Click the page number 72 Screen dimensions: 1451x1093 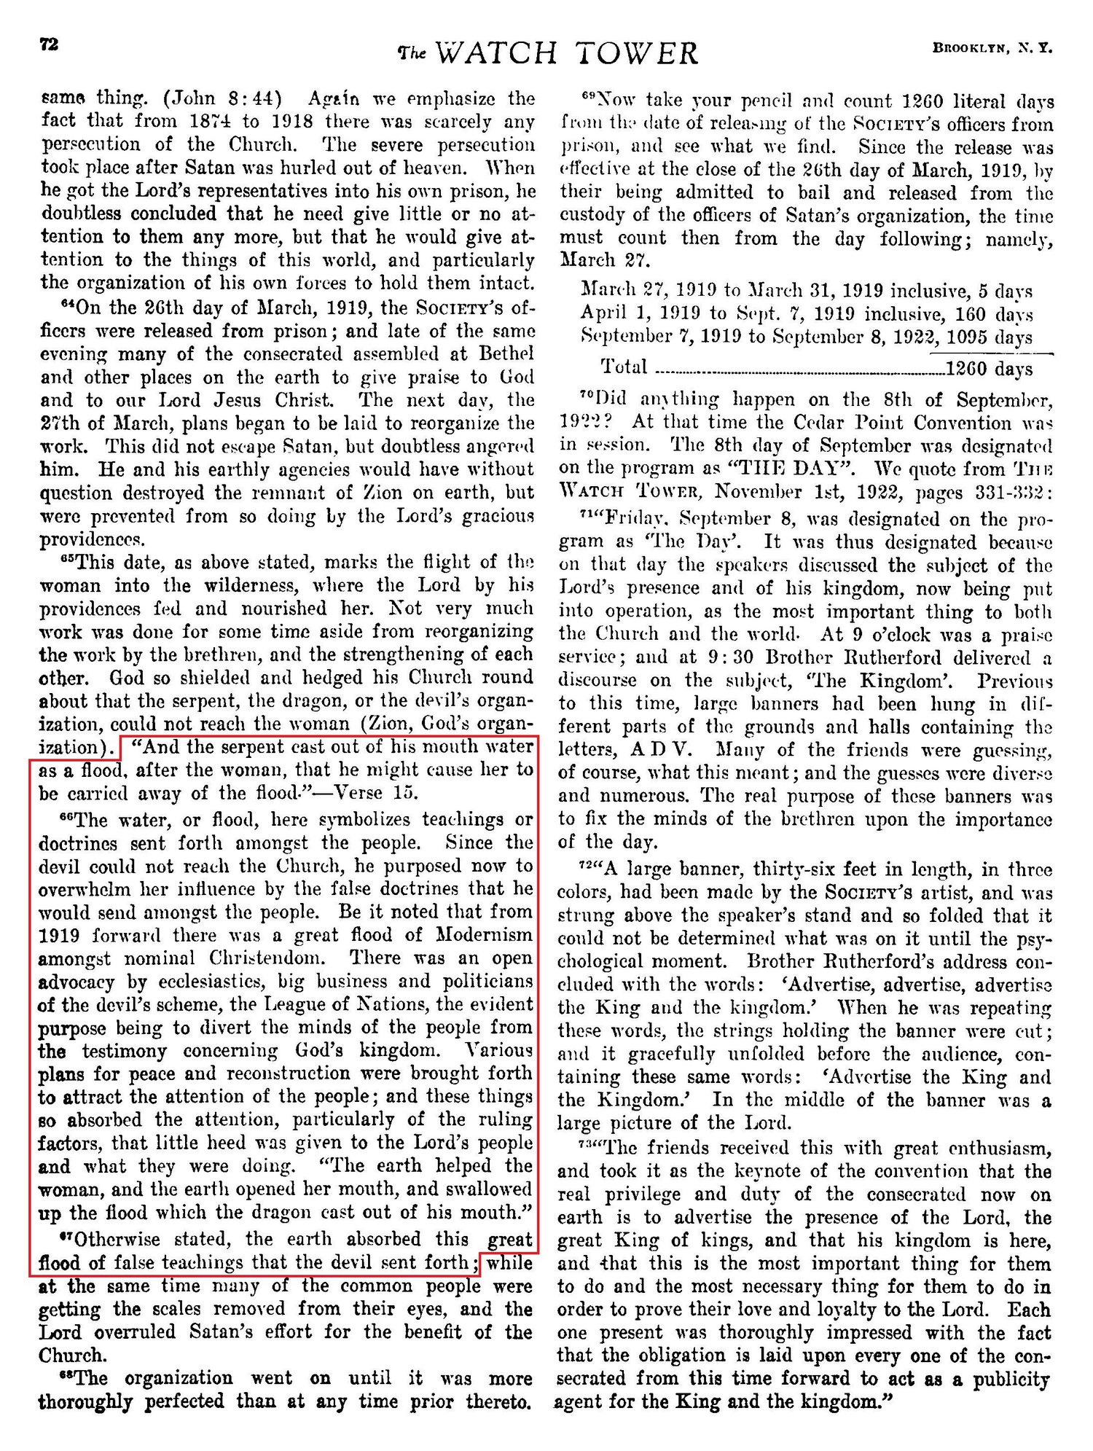pos(48,44)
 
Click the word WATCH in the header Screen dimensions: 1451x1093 pos(499,54)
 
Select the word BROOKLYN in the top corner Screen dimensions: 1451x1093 pos(968,49)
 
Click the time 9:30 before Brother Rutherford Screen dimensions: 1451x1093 pos(729,657)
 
